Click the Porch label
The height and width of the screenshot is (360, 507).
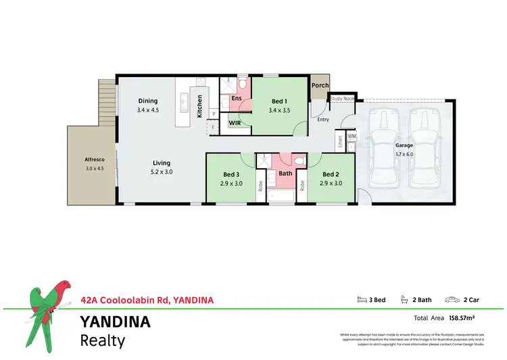(320, 86)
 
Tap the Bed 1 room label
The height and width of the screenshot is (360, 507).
(279, 101)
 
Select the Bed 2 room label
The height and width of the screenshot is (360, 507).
(331, 174)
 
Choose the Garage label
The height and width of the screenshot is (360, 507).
(404, 145)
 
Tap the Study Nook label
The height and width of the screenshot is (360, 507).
(342, 99)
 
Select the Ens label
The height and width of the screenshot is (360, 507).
(237, 99)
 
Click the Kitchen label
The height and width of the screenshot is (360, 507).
(199, 107)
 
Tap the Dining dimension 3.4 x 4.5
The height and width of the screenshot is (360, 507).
(148, 109)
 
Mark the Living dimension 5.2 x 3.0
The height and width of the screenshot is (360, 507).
(162, 172)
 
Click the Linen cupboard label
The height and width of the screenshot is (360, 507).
(339, 143)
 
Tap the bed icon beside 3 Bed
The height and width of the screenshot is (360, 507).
(361, 300)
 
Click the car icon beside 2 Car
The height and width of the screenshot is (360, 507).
(450, 300)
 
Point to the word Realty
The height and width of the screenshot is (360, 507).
(103, 340)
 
